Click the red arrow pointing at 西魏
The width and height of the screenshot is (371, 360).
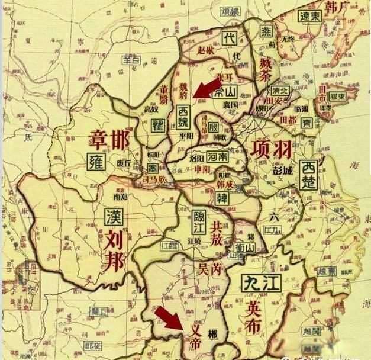(x=208, y=88)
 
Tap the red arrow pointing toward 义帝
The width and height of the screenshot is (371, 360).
(x=172, y=319)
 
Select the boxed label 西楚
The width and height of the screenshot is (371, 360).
(x=309, y=175)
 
